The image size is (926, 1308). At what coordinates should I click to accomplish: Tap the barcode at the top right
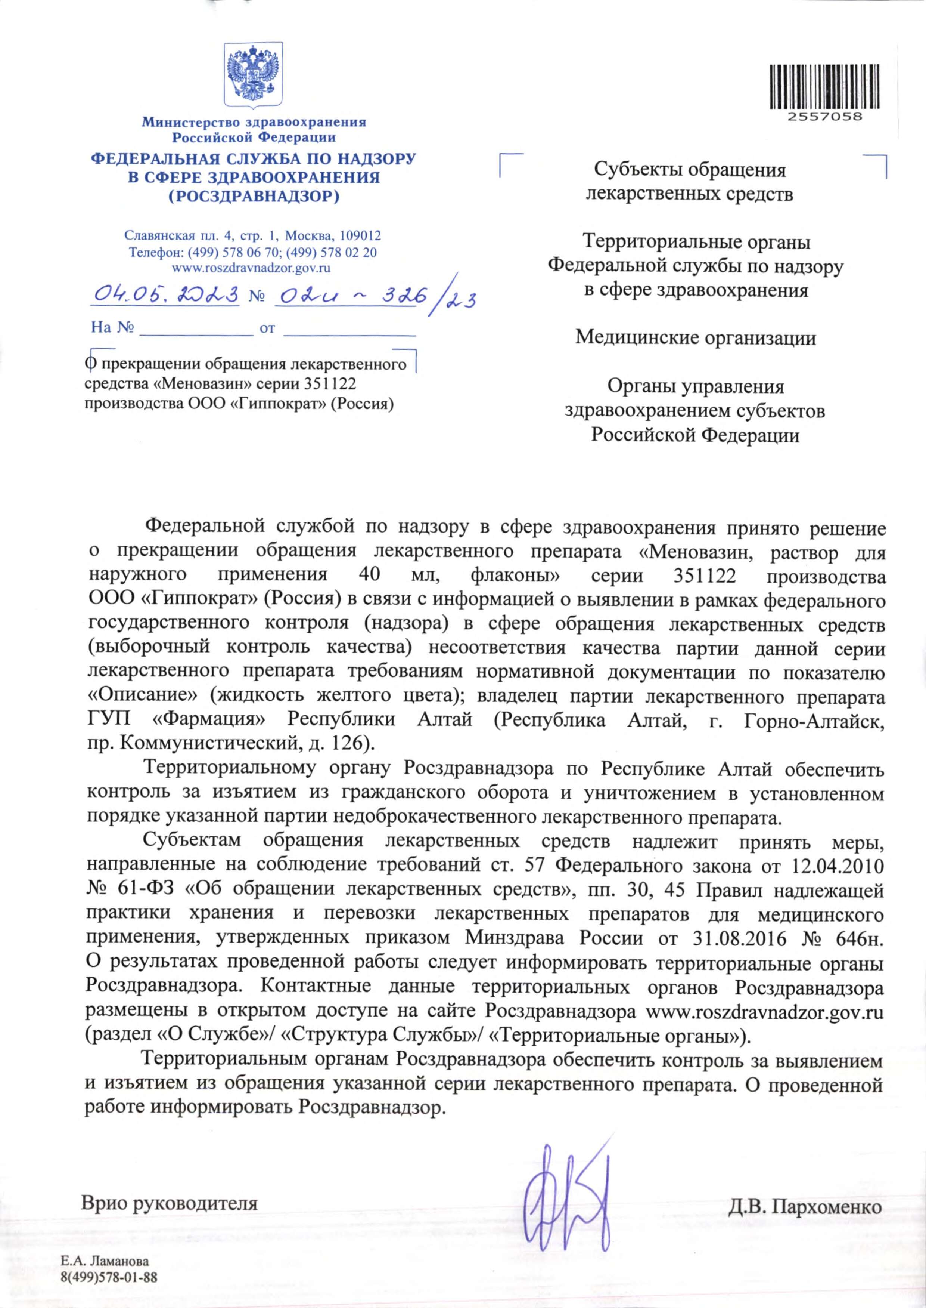(x=824, y=87)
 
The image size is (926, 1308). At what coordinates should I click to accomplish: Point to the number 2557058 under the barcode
(x=824, y=117)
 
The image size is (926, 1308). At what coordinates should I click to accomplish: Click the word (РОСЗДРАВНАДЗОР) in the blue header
(x=254, y=197)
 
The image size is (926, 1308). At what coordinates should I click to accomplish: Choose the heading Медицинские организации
(x=695, y=338)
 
